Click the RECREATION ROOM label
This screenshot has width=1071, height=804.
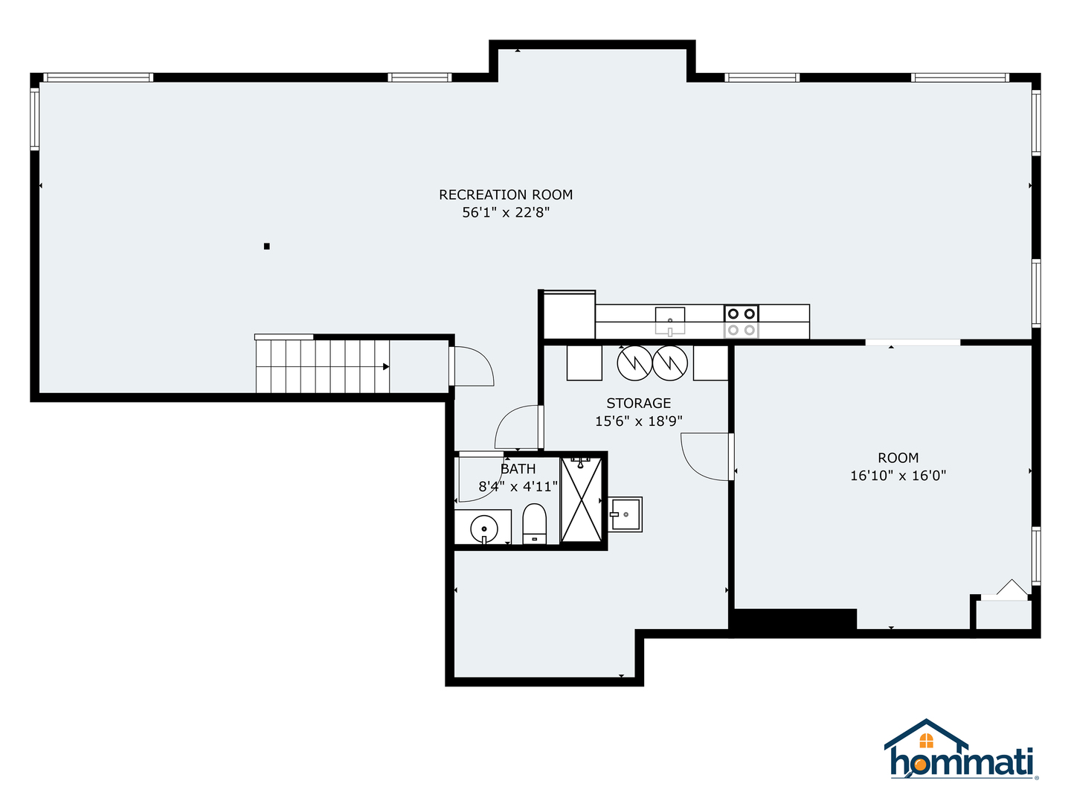pyautogui.click(x=506, y=195)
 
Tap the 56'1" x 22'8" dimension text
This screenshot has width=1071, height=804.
pyautogui.click(x=506, y=212)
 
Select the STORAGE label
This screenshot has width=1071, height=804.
pyautogui.click(x=638, y=403)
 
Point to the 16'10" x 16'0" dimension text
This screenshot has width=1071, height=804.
pyautogui.click(x=898, y=476)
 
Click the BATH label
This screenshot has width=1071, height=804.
pyautogui.click(x=518, y=469)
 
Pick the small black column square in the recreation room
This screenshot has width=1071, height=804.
pyautogui.click(x=266, y=246)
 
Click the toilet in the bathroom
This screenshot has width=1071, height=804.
pyautogui.click(x=534, y=524)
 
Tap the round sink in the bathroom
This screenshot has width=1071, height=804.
pyautogui.click(x=483, y=529)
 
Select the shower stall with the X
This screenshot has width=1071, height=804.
pyautogui.click(x=581, y=500)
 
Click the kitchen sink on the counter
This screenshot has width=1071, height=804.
pyautogui.click(x=669, y=321)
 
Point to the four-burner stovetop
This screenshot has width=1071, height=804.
pyautogui.click(x=741, y=322)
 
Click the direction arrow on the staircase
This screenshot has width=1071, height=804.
pyautogui.click(x=386, y=366)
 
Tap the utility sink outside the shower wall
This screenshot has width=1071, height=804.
pyautogui.click(x=625, y=514)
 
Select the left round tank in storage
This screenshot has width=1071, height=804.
pyautogui.click(x=634, y=363)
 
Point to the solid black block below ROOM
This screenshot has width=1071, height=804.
pyautogui.click(x=795, y=619)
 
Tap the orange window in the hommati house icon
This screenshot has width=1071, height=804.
pyautogui.click(x=926, y=741)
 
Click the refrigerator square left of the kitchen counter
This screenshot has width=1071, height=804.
pyautogui.click(x=570, y=316)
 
